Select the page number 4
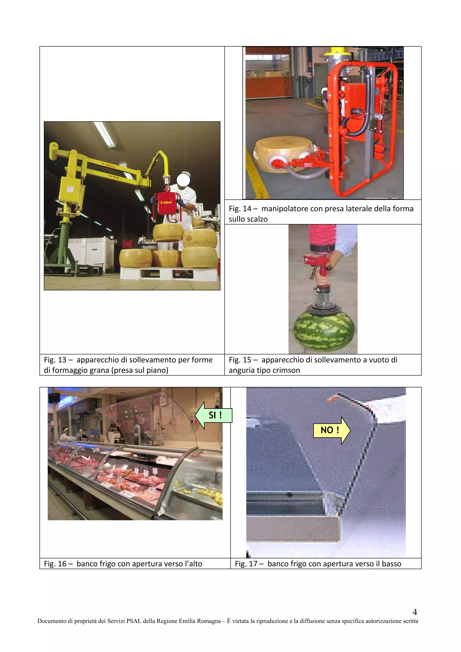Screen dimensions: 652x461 tap(414, 612)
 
